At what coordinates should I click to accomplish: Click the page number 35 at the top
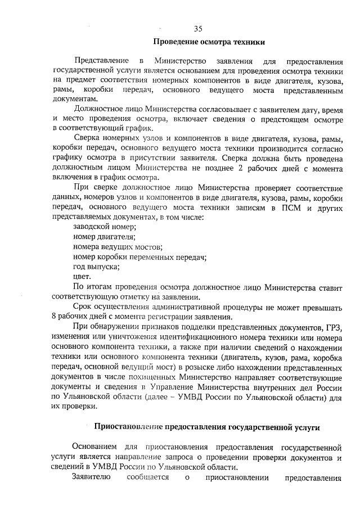197,29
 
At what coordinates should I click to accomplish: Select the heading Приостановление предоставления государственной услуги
206,427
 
